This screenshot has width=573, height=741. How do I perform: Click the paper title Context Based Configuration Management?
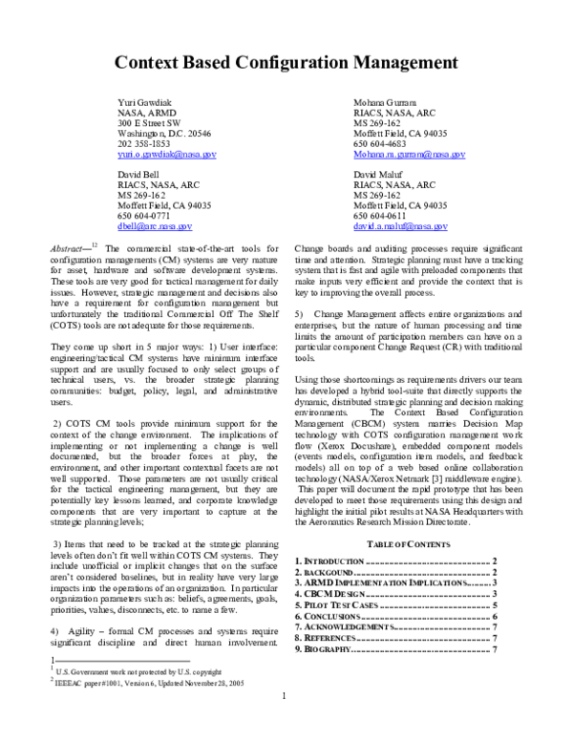coord(286,64)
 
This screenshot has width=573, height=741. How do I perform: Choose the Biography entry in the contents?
coord(324,650)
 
